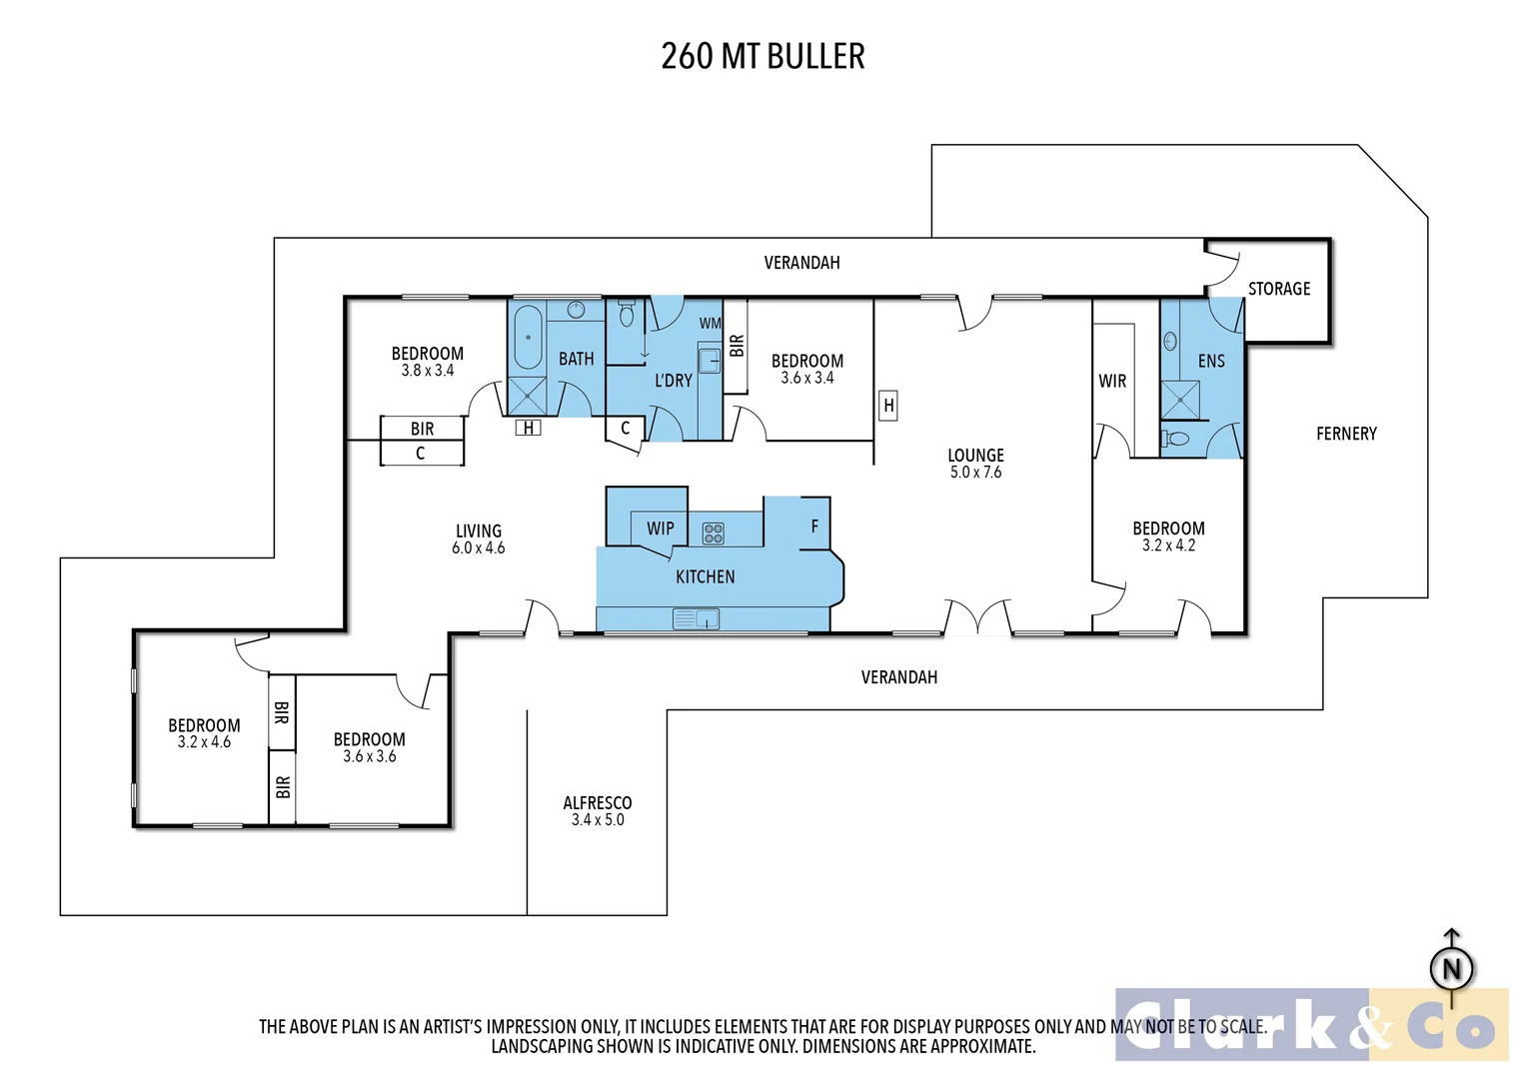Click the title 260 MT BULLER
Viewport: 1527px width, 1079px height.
[x=763, y=56]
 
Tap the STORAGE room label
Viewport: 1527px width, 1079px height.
[x=1278, y=289]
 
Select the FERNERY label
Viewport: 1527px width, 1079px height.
[x=1345, y=434]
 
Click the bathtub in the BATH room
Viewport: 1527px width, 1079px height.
[x=528, y=338]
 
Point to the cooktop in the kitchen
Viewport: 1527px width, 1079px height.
[x=713, y=534]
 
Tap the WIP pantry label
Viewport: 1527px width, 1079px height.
[x=660, y=529]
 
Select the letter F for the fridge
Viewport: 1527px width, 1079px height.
[x=814, y=527]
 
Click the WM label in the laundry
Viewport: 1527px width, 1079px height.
[x=710, y=324]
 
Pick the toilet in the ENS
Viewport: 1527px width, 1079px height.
[x=1177, y=439]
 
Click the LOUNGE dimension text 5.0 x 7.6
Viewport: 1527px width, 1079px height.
[x=975, y=473]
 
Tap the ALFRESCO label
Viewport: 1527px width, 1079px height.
[x=597, y=803]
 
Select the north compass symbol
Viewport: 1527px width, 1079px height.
[x=1451, y=968]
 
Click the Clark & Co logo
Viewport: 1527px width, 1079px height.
[x=1311, y=1025]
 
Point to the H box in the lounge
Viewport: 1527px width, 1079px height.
[x=887, y=406]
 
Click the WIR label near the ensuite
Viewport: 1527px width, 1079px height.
[x=1111, y=381]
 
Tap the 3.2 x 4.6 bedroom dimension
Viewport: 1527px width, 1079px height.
[x=204, y=742]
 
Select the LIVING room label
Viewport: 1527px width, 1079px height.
[x=478, y=532]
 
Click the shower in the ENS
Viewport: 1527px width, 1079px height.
[x=1179, y=400]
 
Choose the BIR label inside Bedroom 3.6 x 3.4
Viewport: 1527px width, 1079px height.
[x=737, y=346]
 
